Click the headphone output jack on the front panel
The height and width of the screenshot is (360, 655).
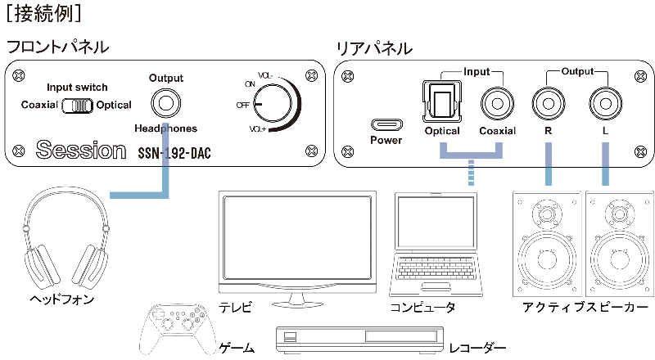pos(166,103)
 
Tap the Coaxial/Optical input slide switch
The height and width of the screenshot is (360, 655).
pos(77,106)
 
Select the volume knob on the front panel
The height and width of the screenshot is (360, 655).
pos(273,104)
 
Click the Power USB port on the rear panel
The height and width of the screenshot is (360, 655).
pos(386,124)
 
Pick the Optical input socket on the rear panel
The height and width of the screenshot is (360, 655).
pos(442,101)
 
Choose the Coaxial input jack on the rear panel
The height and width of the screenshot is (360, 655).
pos(497,104)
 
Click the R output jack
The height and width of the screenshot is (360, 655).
pos(549,104)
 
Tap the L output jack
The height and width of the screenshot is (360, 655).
pos(605,104)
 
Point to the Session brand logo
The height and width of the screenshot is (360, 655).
pos(81,150)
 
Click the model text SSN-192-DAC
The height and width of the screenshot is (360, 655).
pos(174,153)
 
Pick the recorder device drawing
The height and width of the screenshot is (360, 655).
pos(359,339)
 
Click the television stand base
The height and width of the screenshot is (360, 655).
pos(297,302)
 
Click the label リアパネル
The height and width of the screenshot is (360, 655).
pos(374,48)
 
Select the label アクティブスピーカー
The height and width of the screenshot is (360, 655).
pos(585,308)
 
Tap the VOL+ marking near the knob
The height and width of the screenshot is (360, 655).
pos(257,129)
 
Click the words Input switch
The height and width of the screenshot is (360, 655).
pos(77,88)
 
